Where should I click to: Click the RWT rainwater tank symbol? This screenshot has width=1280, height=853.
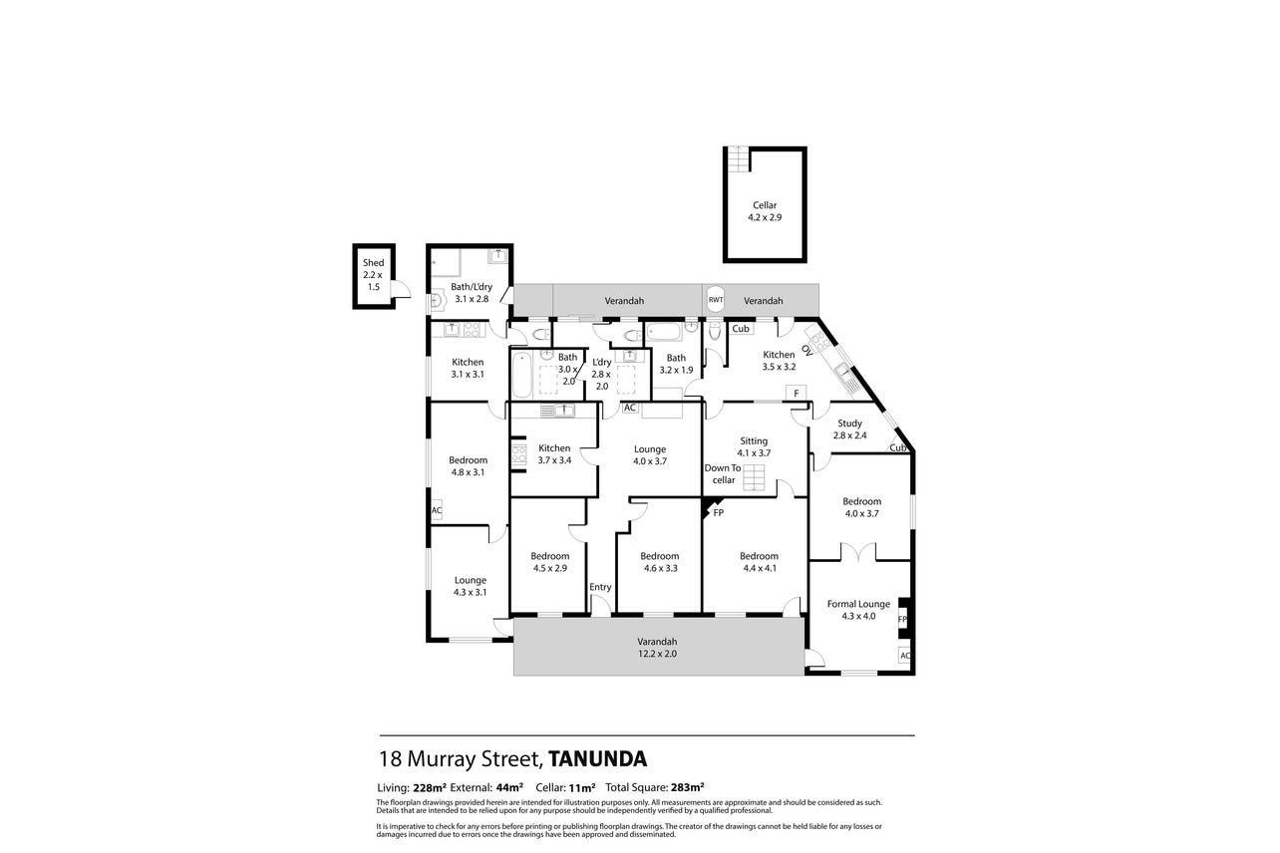(716, 299)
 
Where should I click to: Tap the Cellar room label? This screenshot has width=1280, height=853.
(765, 205)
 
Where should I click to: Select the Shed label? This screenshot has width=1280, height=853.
(373, 263)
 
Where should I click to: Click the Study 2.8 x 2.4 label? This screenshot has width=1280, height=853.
(849, 429)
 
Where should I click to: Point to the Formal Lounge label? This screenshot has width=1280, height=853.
(858, 604)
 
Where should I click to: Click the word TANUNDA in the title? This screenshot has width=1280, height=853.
(598, 758)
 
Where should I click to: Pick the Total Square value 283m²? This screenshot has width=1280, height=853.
(688, 788)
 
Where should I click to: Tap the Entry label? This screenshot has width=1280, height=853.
(600, 587)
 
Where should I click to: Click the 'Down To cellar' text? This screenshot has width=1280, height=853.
(723, 473)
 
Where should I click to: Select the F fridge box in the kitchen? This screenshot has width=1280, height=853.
(796, 393)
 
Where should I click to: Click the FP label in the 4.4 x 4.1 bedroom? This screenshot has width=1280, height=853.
(719, 513)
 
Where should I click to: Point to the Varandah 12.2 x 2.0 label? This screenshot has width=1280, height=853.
(657, 648)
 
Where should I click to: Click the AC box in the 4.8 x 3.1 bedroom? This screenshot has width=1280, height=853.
(437, 510)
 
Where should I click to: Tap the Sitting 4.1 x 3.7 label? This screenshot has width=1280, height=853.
(754, 446)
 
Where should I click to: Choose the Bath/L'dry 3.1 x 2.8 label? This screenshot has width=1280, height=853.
(472, 293)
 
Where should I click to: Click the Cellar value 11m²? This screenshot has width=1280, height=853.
(582, 788)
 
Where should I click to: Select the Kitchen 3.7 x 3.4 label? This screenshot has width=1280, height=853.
(554, 453)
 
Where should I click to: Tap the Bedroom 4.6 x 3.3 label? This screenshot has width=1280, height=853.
(659, 562)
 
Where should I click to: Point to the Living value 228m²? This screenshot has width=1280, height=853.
(430, 788)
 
